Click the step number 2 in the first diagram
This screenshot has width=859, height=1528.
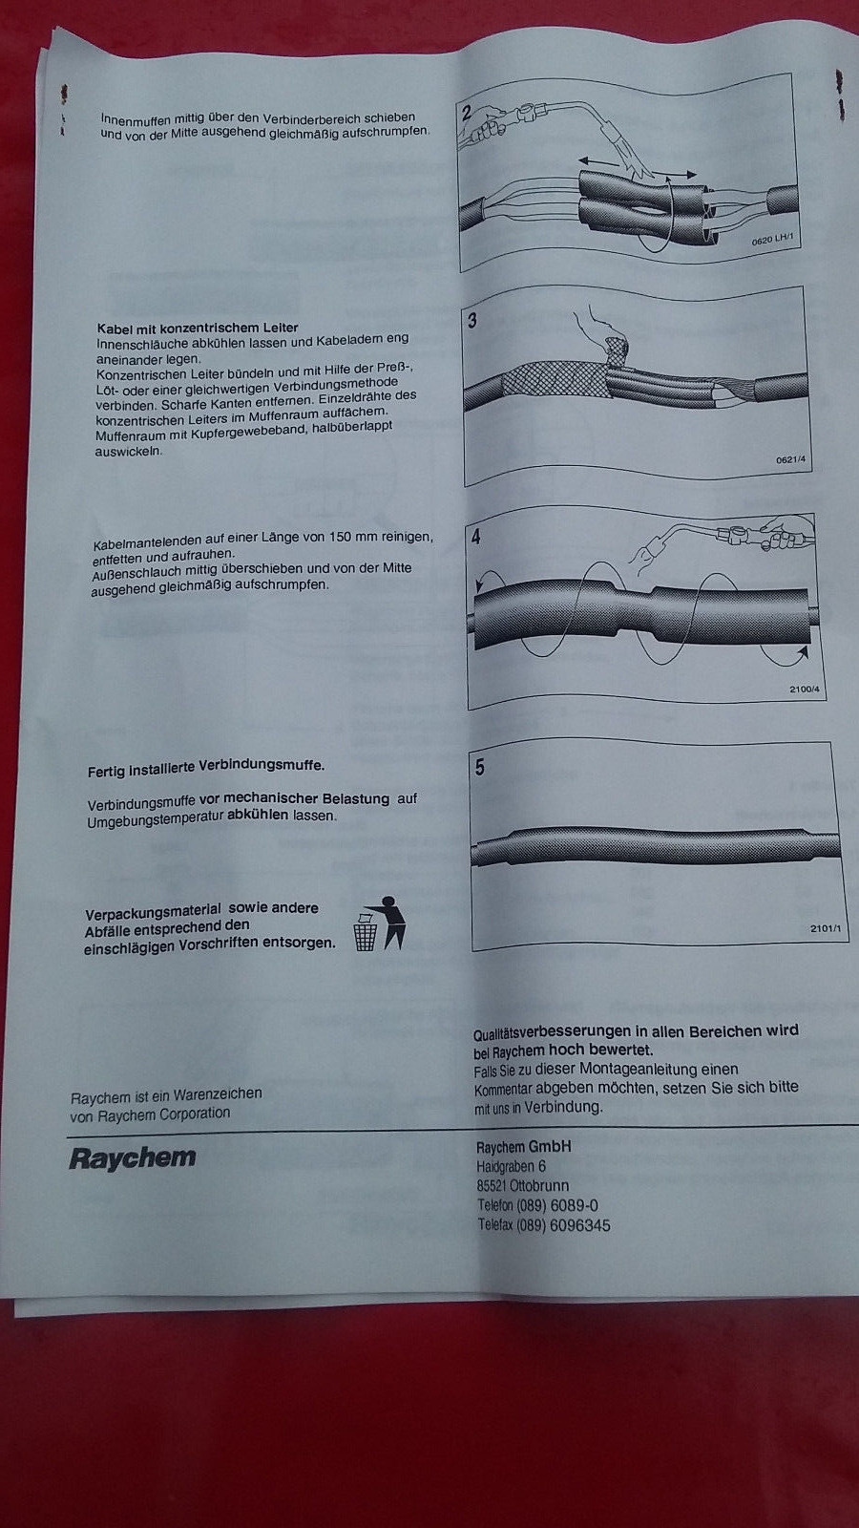pyautogui.click(x=467, y=112)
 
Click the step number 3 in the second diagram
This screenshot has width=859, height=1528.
pyautogui.click(x=471, y=321)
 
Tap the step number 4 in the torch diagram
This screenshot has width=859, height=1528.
pyautogui.click(x=475, y=536)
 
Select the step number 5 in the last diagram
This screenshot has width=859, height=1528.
pyautogui.click(x=479, y=767)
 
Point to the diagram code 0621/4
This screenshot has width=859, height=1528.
pyautogui.click(x=790, y=460)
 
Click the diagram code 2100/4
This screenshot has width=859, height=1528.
pyautogui.click(x=804, y=690)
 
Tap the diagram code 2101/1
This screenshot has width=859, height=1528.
pyautogui.click(x=825, y=927)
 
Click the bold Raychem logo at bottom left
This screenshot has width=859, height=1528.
pyautogui.click(x=132, y=1157)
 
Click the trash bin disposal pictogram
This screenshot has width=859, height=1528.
pyautogui.click(x=379, y=924)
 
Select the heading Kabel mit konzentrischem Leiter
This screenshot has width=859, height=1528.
pyautogui.click(x=198, y=328)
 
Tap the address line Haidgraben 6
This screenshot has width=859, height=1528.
pyautogui.click(x=511, y=1166)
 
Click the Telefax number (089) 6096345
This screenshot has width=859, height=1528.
pyautogui.click(x=563, y=1225)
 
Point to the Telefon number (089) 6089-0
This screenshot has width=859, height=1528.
pyautogui.click(x=556, y=1205)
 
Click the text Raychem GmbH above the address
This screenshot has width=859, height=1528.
pyautogui.click(x=523, y=1146)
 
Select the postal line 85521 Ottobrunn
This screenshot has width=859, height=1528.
pyautogui.click(x=522, y=1186)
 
